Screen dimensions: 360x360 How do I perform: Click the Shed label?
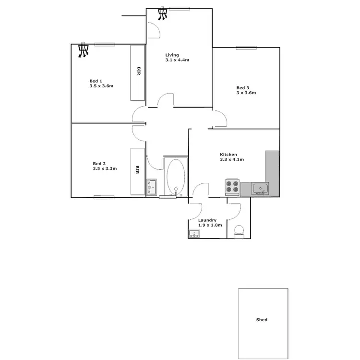262,320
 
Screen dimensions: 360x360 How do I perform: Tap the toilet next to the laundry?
239,231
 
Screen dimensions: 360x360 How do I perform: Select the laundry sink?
195,234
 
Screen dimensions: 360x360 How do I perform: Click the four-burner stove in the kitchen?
232,187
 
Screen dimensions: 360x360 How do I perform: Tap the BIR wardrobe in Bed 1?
138,72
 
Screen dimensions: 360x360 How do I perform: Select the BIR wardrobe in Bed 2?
137,171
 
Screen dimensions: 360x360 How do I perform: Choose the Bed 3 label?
242,87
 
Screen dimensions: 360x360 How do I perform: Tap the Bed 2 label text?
99,163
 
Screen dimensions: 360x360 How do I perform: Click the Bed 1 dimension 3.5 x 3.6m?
101,86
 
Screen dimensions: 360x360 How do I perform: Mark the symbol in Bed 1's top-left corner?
84,50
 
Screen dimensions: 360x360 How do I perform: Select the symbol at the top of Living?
164,13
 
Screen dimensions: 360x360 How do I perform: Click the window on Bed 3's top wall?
246,47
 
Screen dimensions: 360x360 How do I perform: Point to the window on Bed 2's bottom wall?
104,197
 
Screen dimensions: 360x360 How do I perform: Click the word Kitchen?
228,154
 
